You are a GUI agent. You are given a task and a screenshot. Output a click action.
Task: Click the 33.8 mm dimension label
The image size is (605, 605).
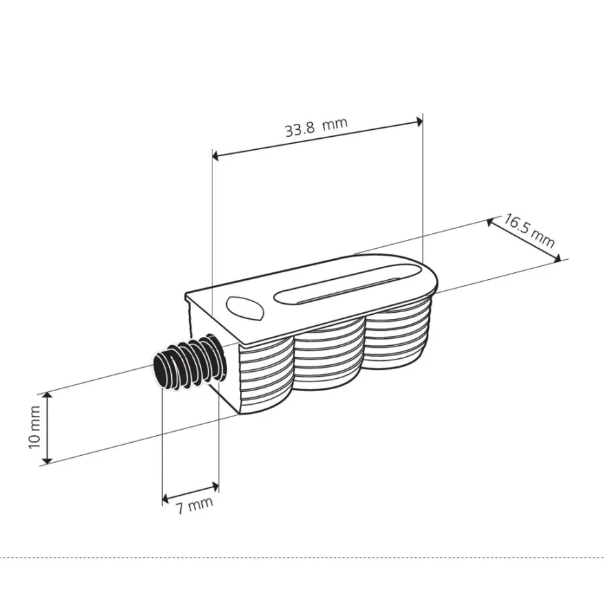[x=316, y=126]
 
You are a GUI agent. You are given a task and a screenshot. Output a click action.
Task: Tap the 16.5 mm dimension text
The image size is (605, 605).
[x=529, y=231]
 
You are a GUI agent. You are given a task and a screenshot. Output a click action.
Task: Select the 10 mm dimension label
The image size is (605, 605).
[x=35, y=427]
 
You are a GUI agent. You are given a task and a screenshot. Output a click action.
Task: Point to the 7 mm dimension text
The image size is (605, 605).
[x=195, y=505]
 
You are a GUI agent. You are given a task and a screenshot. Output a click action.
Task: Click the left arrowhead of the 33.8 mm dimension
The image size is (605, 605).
[x=216, y=155]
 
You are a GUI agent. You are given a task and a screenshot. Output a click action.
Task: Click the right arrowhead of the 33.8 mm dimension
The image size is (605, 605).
[x=419, y=122]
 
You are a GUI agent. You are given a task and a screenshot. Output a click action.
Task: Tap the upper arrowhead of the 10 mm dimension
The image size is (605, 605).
[x=47, y=396]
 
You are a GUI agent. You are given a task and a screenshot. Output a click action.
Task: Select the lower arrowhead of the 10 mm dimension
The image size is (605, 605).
[x=47, y=459]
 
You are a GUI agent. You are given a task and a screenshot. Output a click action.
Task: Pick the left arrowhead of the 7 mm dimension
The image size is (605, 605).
[x=166, y=499]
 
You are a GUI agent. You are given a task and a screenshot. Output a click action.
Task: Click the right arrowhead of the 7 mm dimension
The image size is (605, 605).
[x=215, y=485]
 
